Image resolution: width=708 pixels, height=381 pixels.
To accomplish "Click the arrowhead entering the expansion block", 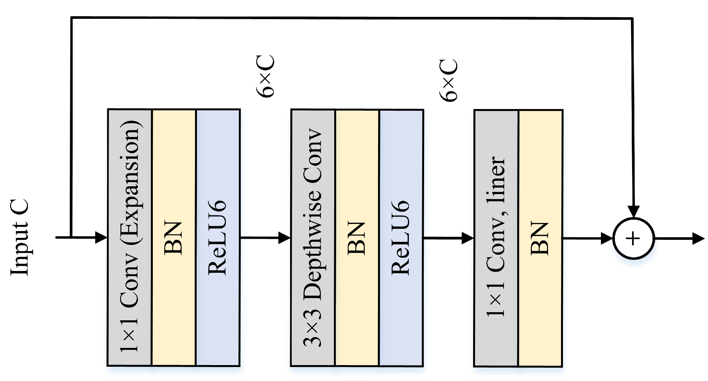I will (x=101, y=238).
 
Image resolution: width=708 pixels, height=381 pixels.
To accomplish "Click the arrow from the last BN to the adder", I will (x=587, y=239).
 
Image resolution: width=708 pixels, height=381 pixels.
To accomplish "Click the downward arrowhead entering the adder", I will (x=633, y=211).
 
